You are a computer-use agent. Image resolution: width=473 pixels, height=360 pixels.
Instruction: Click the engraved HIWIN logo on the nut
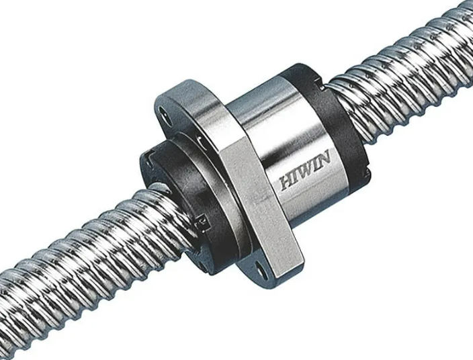[305, 171]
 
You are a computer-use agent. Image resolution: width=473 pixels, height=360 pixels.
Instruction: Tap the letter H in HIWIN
[286, 181]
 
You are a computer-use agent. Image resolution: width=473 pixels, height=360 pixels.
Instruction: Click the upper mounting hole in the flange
[163, 115]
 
